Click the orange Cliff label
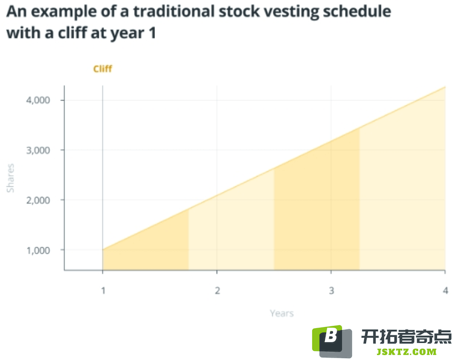click(102, 69)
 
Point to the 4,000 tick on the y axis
click(38, 100)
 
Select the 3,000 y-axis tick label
click(38, 150)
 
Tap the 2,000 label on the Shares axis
click(38, 200)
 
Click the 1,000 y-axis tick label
click(38, 250)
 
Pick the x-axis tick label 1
click(103, 291)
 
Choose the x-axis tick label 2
click(217, 291)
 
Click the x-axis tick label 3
click(331, 291)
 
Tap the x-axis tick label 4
click(446, 291)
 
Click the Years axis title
click(282, 313)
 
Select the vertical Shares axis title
click(10, 178)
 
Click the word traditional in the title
click(174, 12)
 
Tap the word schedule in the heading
click(357, 12)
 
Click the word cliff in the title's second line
click(72, 33)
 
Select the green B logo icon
click(332, 341)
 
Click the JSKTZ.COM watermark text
click(406, 352)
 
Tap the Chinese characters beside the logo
click(406, 337)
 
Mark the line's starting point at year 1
click(103, 250)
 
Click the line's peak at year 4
click(446, 87)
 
